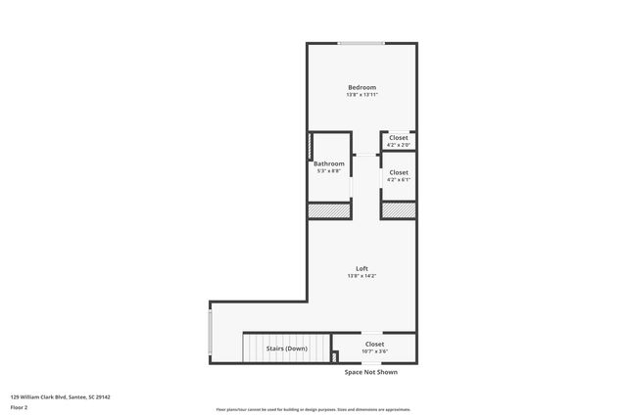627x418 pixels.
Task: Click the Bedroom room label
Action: click(x=362, y=87)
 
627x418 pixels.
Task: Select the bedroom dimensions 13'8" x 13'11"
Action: click(x=362, y=95)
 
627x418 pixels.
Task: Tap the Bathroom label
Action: click(x=329, y=163)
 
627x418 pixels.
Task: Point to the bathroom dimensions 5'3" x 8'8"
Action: click(x=329, y=171)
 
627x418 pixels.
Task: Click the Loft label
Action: click(x=362, y=268)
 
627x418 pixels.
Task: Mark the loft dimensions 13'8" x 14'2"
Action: click(x=362, y=276)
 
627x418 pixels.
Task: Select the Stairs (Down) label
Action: click(x=287, y=348)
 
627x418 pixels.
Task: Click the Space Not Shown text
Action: click(x=371, y=372)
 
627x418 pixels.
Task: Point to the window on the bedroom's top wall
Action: click(x=362, y=43)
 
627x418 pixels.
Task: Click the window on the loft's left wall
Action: click(x=210, y=332)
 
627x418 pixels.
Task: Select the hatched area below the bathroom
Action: click(x=330, y=210)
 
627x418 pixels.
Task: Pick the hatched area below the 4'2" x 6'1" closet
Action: click(x=398, y=210)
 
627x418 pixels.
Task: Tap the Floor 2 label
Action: click(x=20, y=407)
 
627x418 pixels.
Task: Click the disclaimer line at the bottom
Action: click(x=313, y=409)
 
